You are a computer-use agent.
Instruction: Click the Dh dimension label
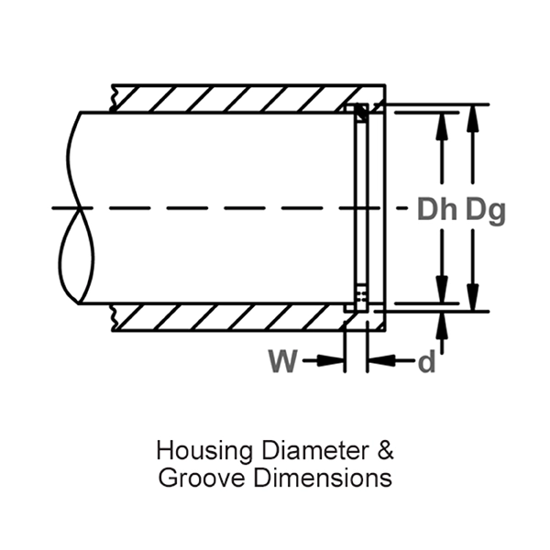(x=437, y=210)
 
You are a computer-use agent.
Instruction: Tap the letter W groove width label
(x=283, y=362)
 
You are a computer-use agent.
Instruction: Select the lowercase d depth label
(x=426, y=363)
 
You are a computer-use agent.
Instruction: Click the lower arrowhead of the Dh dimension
(x=442, y=291)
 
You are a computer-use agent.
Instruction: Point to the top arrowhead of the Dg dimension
(x=473, y=117)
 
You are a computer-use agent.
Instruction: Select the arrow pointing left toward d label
(x=381, y=362)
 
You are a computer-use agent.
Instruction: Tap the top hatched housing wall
(x=229, y=98)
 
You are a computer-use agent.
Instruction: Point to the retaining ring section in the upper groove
(x=360, y=113)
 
